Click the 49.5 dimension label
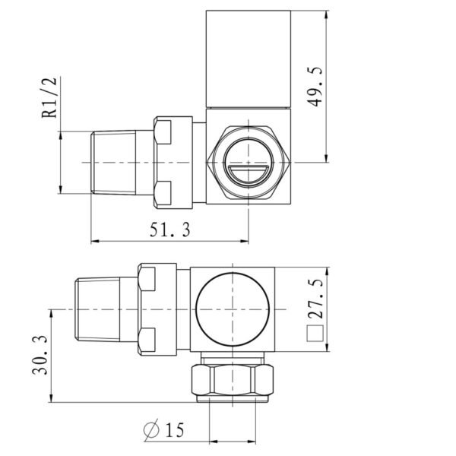(x=315, y=87)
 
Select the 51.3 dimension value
(x=169, y=230)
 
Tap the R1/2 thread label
(x=49, y=98)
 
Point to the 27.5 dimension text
(x=315, y=299)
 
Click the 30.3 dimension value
(x=40, y=355)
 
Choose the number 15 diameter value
(x=175, y=430)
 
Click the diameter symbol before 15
(x=151, y=429)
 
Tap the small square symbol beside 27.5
(x=315, y=334)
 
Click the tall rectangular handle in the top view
(x=249, y=59)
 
